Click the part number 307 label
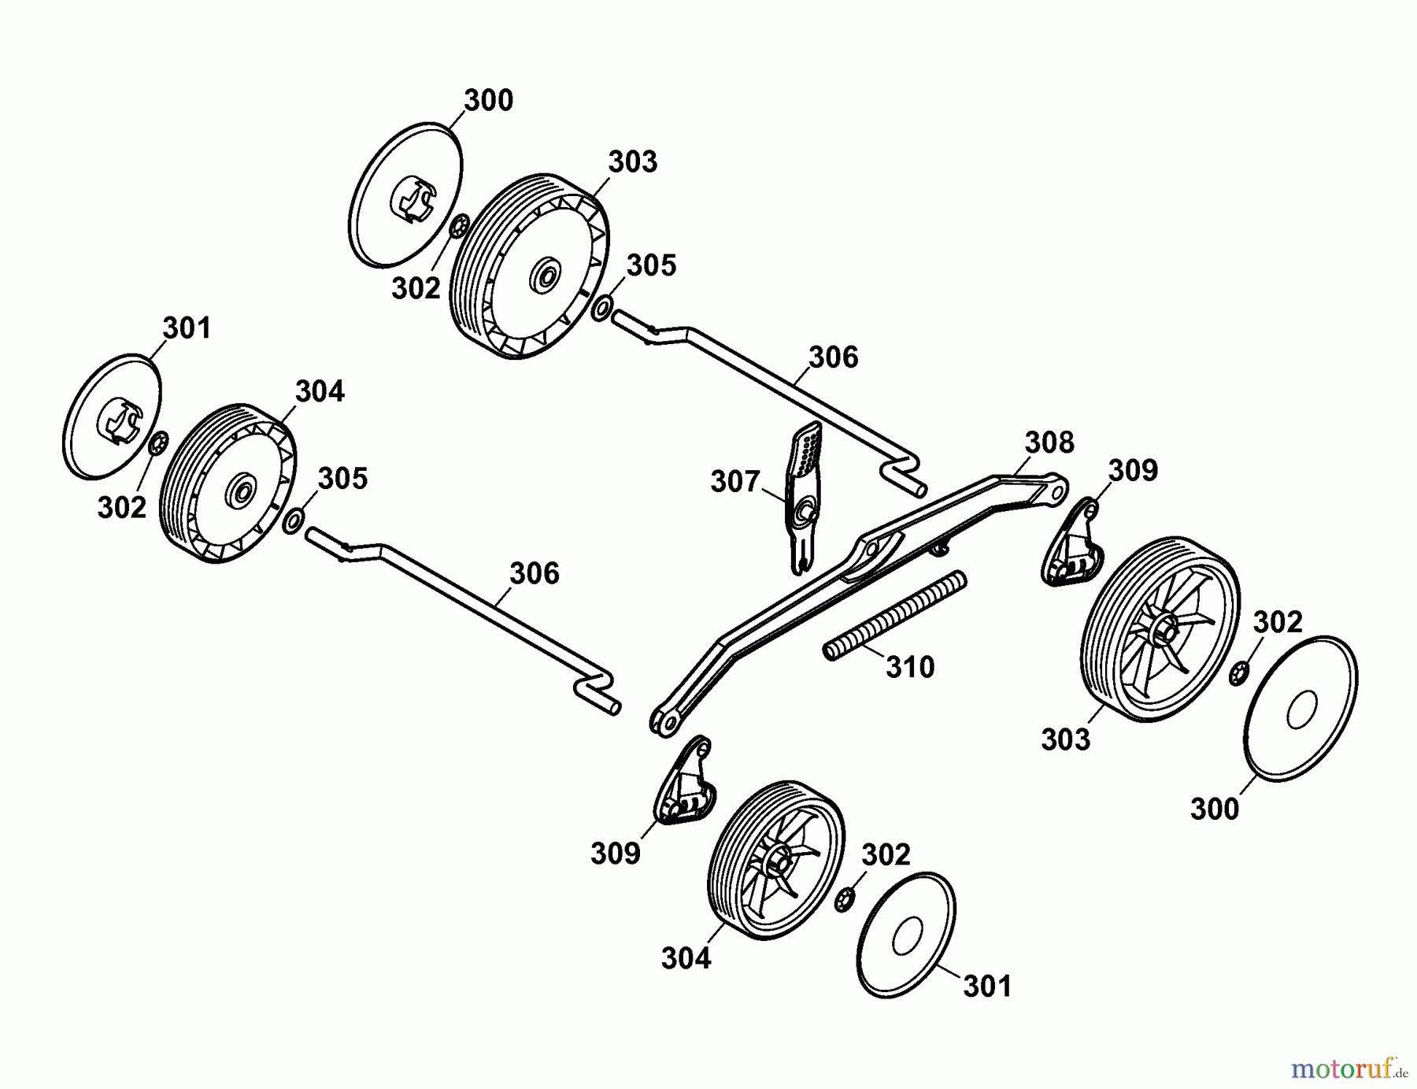734,481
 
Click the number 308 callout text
1049,443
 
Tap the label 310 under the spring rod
909,667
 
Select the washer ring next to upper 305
601,308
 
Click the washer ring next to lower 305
294,520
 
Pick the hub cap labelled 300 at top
405,193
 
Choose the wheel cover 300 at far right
1301,708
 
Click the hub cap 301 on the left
112,416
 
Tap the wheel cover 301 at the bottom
905,935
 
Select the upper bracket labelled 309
1072,544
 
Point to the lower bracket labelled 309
685,783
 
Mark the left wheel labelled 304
228,483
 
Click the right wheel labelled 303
1158,629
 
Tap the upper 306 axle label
833,357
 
